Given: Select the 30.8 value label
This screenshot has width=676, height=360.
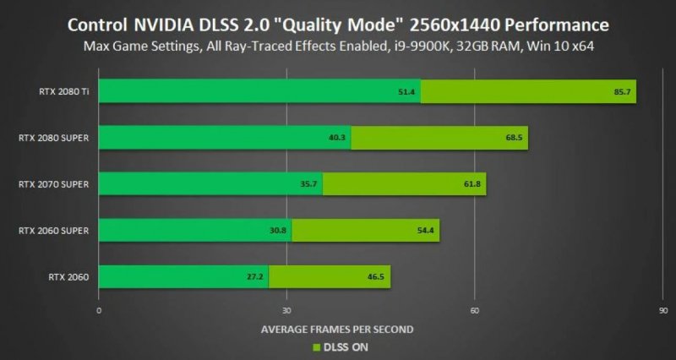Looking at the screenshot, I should [x=280, y=230].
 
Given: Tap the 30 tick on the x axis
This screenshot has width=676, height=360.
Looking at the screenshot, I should [x=287, y=310].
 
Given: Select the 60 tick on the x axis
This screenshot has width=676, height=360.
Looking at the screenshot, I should [x=475, y=310].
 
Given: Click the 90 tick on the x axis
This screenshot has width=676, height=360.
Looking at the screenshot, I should [x=662, y=310].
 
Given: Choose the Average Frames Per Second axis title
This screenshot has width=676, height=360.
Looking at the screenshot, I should [x=337, y=329].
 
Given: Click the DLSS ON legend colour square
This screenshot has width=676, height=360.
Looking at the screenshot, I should [x=317, y=346].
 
